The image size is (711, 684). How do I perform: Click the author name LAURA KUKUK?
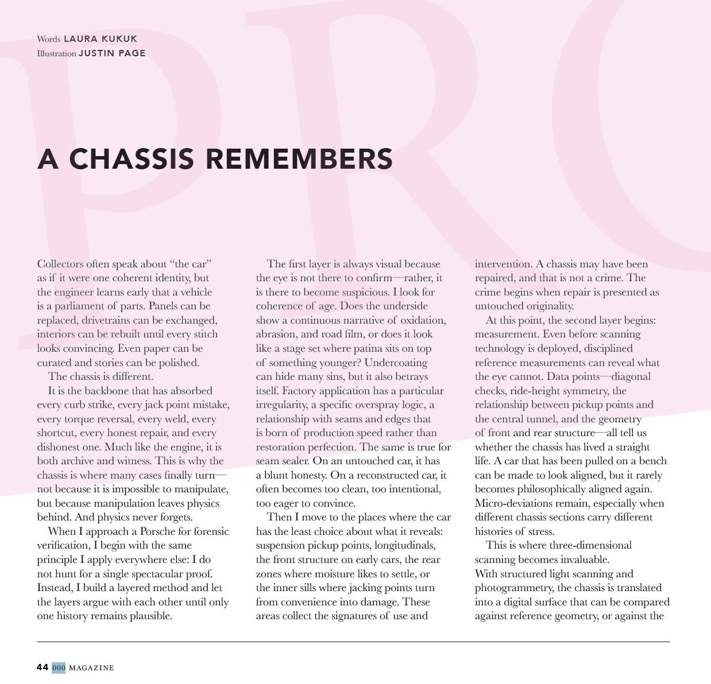(101, 39)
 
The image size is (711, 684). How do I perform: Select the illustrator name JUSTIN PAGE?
(112, 53)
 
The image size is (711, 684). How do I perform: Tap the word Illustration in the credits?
(56, 53)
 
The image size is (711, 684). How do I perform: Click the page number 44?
(42, 667)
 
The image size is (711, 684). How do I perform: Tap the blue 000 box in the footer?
(59, 667)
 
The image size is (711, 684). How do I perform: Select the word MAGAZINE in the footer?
(91, 667)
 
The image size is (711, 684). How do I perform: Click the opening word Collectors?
(60, 264)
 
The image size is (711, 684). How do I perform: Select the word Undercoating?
(396, 363)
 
